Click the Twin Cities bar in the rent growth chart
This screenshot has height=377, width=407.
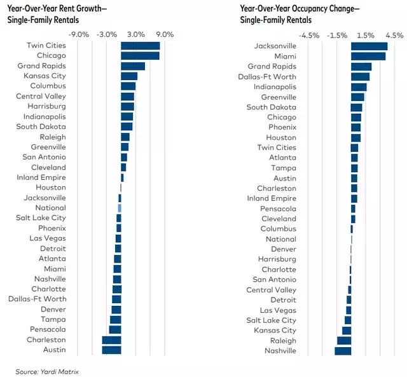[x=140, y=46]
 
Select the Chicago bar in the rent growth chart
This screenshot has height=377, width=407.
[x=140, y=56]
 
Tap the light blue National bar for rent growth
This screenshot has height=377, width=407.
[x=120, y=208]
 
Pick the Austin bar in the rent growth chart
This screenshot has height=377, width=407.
[x=111, y=350]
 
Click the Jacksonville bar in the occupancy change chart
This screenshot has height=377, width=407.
[x=369, y=46]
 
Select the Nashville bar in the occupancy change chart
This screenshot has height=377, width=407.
[x=343, y=351]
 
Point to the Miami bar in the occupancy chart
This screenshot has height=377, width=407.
[x=368, y=57]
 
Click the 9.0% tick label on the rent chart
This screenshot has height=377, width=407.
[x=164, y=34]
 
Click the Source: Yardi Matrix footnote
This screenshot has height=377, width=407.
[x=48, y=371]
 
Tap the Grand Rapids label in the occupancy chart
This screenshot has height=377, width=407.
[x=272, y=66]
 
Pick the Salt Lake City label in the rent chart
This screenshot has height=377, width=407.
[x=41, y=218]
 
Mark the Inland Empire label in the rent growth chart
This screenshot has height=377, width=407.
[x=41, y=177]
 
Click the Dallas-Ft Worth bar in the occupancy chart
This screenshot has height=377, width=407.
[x=360, y=77]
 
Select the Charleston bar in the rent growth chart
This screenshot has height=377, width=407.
[x=111, y=339]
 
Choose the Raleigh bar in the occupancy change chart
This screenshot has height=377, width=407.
[x=344, y=341]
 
